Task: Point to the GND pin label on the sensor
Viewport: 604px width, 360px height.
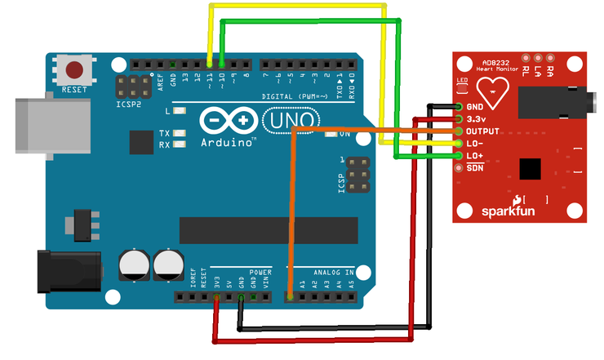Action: [476, 107]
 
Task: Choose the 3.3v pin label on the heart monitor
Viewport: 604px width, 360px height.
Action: [477, 119]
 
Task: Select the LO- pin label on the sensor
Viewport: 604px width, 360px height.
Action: [476, 144]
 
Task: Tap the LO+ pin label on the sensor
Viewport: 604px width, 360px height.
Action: [476, 156]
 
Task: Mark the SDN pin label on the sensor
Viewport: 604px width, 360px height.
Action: [476, 168]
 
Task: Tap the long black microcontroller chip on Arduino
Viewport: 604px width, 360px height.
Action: [269, 231]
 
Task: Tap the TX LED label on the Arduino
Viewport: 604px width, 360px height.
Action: [164, 133]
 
